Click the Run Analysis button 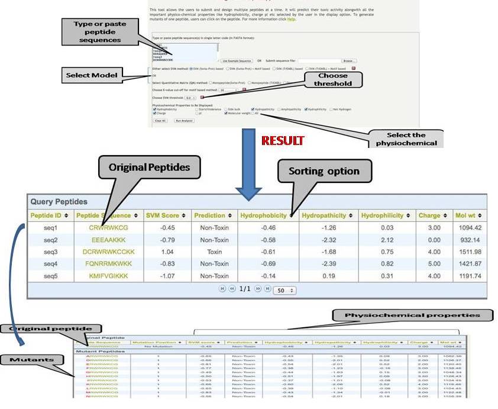pyautogui.click(x=184, y=120)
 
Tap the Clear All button pyautogui.click(x=160, y=120)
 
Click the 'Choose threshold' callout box pyautogui.click(x=333, y=79)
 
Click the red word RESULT pyautogui.click(x=282, y=141)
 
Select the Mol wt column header pyautogui.click(x=470, y=215)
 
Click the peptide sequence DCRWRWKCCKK pyautogui.click(x=109, y=252)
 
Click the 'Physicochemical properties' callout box pyautogui.click(x=411, y=315)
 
